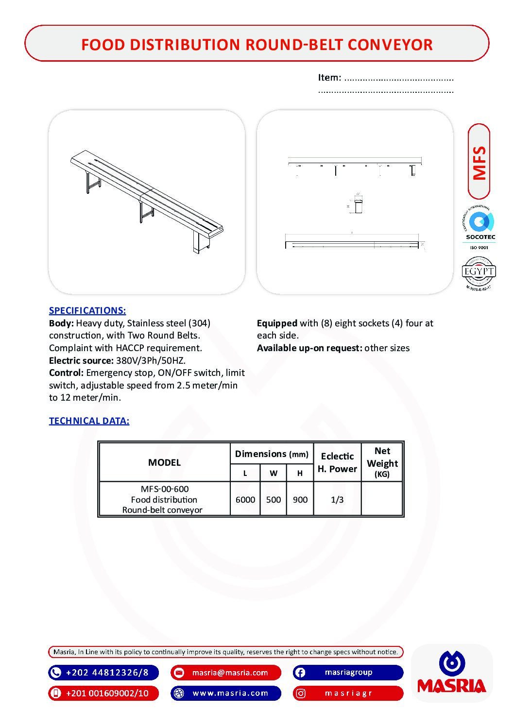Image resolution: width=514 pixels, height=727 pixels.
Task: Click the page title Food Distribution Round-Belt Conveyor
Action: pos(257,44)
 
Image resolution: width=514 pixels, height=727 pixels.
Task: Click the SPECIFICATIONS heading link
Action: pos(87,310)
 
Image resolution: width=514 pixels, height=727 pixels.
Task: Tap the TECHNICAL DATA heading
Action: pos(89,421)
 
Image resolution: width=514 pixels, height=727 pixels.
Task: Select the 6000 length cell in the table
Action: pos(245,499)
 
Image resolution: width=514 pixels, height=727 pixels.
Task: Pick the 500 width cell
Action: pos(274,499)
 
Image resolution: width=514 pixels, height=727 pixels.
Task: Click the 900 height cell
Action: pos(300,499)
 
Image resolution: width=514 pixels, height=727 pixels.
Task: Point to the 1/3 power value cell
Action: pos(337,499)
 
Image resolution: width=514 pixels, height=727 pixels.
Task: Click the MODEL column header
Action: pos(164,462)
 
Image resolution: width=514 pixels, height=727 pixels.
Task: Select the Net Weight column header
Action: pos(382,462)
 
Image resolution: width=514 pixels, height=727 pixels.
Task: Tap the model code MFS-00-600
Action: pos(165,489)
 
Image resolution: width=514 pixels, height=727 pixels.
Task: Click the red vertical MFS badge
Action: pos(479,162)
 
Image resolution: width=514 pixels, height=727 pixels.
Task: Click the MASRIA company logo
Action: pos(451,673)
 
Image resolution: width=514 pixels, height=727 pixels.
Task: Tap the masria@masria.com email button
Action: pos(226,673)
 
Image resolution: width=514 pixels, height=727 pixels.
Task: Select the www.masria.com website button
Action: pos(226,693)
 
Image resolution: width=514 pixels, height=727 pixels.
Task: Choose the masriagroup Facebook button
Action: pos(348,673)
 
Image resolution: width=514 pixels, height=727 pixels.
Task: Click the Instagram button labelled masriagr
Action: pos(348,693)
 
